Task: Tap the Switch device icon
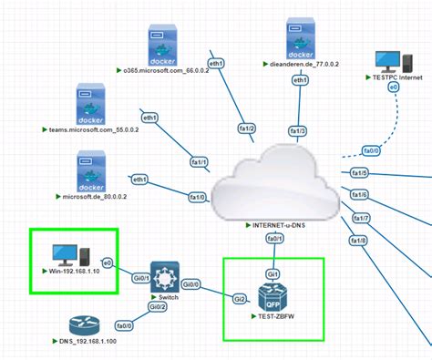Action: point(167,277)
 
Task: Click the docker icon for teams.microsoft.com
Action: point(93,103)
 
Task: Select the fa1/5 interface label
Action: point(360,173)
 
